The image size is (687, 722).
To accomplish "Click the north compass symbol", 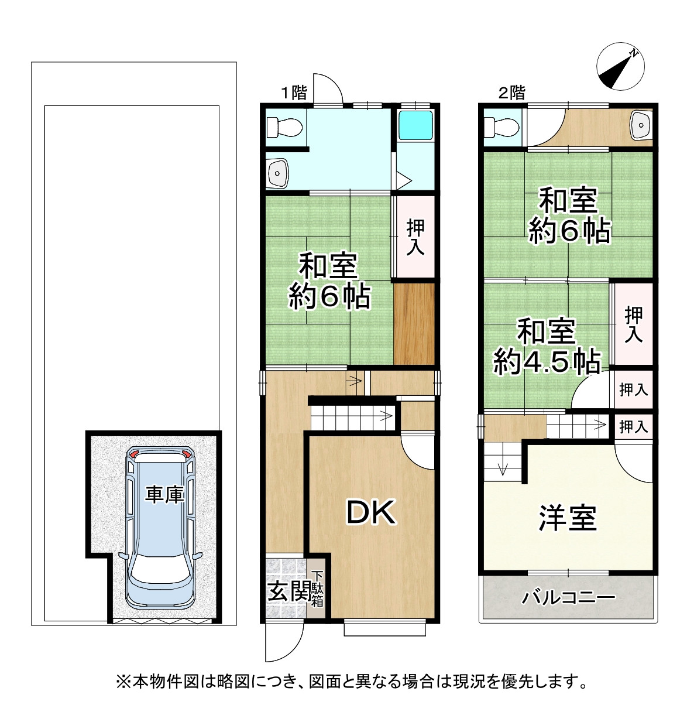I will click(619, 68).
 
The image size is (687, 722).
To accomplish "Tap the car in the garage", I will click(160, 527).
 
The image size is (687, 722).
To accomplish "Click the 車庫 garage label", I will click(164, 495).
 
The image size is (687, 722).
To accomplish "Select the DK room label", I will click(372, 514).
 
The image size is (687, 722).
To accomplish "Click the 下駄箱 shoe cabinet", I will click(317, 588).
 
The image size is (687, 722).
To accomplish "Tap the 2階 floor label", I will click(511, 93).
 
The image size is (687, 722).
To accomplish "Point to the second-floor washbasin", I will click(642, 125).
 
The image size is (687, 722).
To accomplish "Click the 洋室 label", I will click(567, 518).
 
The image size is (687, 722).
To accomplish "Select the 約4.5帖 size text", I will click(547, 362).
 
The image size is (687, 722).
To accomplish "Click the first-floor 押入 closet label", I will click(415, 237).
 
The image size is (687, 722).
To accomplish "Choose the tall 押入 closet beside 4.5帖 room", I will click(633, 324).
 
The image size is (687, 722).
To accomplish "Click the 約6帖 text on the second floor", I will click(569, 231).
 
